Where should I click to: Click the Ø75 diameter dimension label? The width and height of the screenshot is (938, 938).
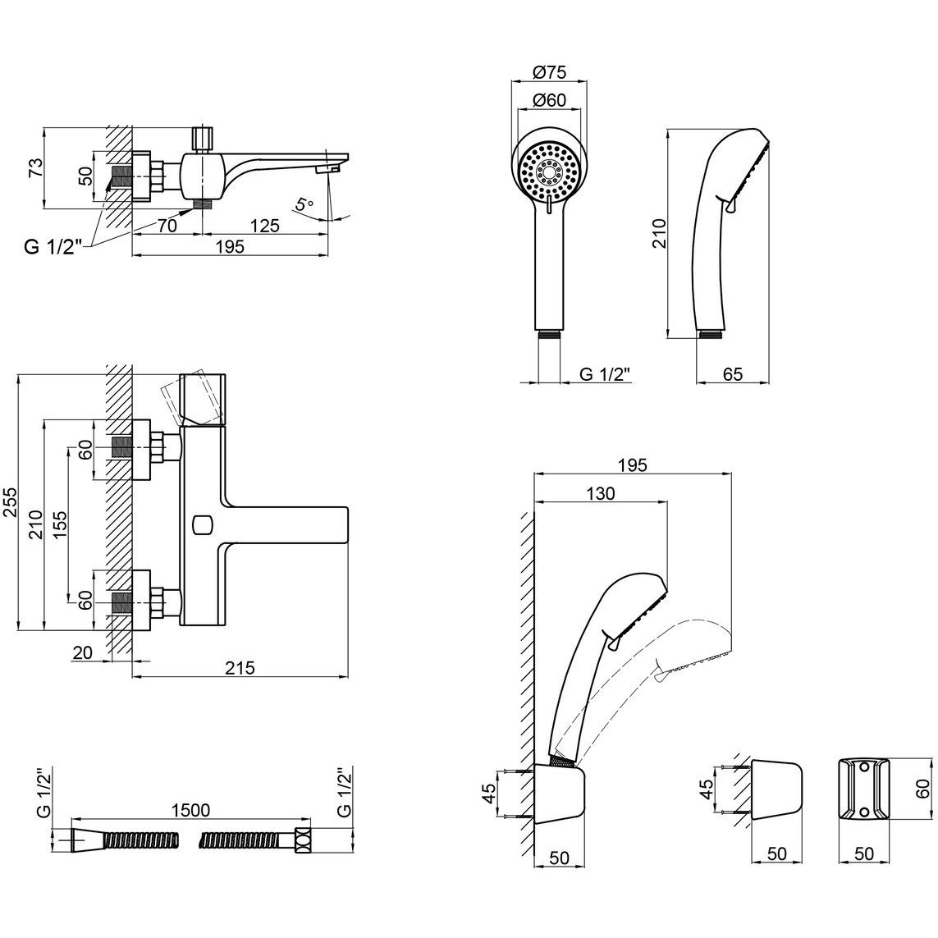coord(548,73)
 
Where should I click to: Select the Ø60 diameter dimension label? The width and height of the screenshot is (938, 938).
coord(548,100)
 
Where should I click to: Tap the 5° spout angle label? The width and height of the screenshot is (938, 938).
coord(304,204)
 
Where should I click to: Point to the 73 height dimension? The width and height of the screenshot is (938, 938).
coord(37,167)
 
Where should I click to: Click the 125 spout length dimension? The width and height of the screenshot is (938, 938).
coord(265,226)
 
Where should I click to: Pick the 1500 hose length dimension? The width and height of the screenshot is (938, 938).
coord(190,809)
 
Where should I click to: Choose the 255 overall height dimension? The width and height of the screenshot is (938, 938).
coord(10,502)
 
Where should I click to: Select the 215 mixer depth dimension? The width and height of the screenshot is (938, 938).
coord(240,668)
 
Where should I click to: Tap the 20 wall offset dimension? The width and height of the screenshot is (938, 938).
coord(83,652)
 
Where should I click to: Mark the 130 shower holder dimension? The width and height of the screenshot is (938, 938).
coord(601,493)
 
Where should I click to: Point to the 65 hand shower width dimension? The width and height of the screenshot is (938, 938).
coord(733,374)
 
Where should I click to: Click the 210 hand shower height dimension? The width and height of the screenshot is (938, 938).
coord(658,233)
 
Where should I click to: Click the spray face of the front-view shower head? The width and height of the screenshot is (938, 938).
coord(549,171)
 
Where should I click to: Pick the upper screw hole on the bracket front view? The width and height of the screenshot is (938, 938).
coord(864,767)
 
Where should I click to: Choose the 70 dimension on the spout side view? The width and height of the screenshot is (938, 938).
coord(167,226)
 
